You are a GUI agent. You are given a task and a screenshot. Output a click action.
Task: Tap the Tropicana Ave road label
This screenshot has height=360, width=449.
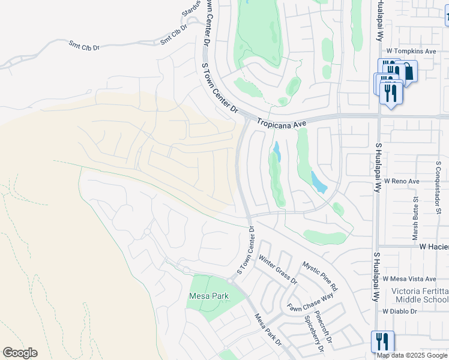(x=282, y=123)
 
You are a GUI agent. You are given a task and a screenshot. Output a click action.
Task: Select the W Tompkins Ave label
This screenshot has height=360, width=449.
(x=411, y=52)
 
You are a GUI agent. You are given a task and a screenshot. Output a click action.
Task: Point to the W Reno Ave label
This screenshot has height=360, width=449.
(x=402, y=181)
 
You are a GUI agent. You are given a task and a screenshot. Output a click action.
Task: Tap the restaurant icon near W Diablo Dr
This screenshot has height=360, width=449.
(x=382, y=341)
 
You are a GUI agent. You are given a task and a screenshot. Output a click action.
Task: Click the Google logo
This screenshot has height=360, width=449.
(x=20, y=353)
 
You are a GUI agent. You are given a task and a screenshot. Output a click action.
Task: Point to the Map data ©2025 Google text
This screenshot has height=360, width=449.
(x=412, y=355)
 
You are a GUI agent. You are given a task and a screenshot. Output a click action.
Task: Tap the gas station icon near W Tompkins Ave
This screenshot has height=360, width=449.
(x=408, y=72)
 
